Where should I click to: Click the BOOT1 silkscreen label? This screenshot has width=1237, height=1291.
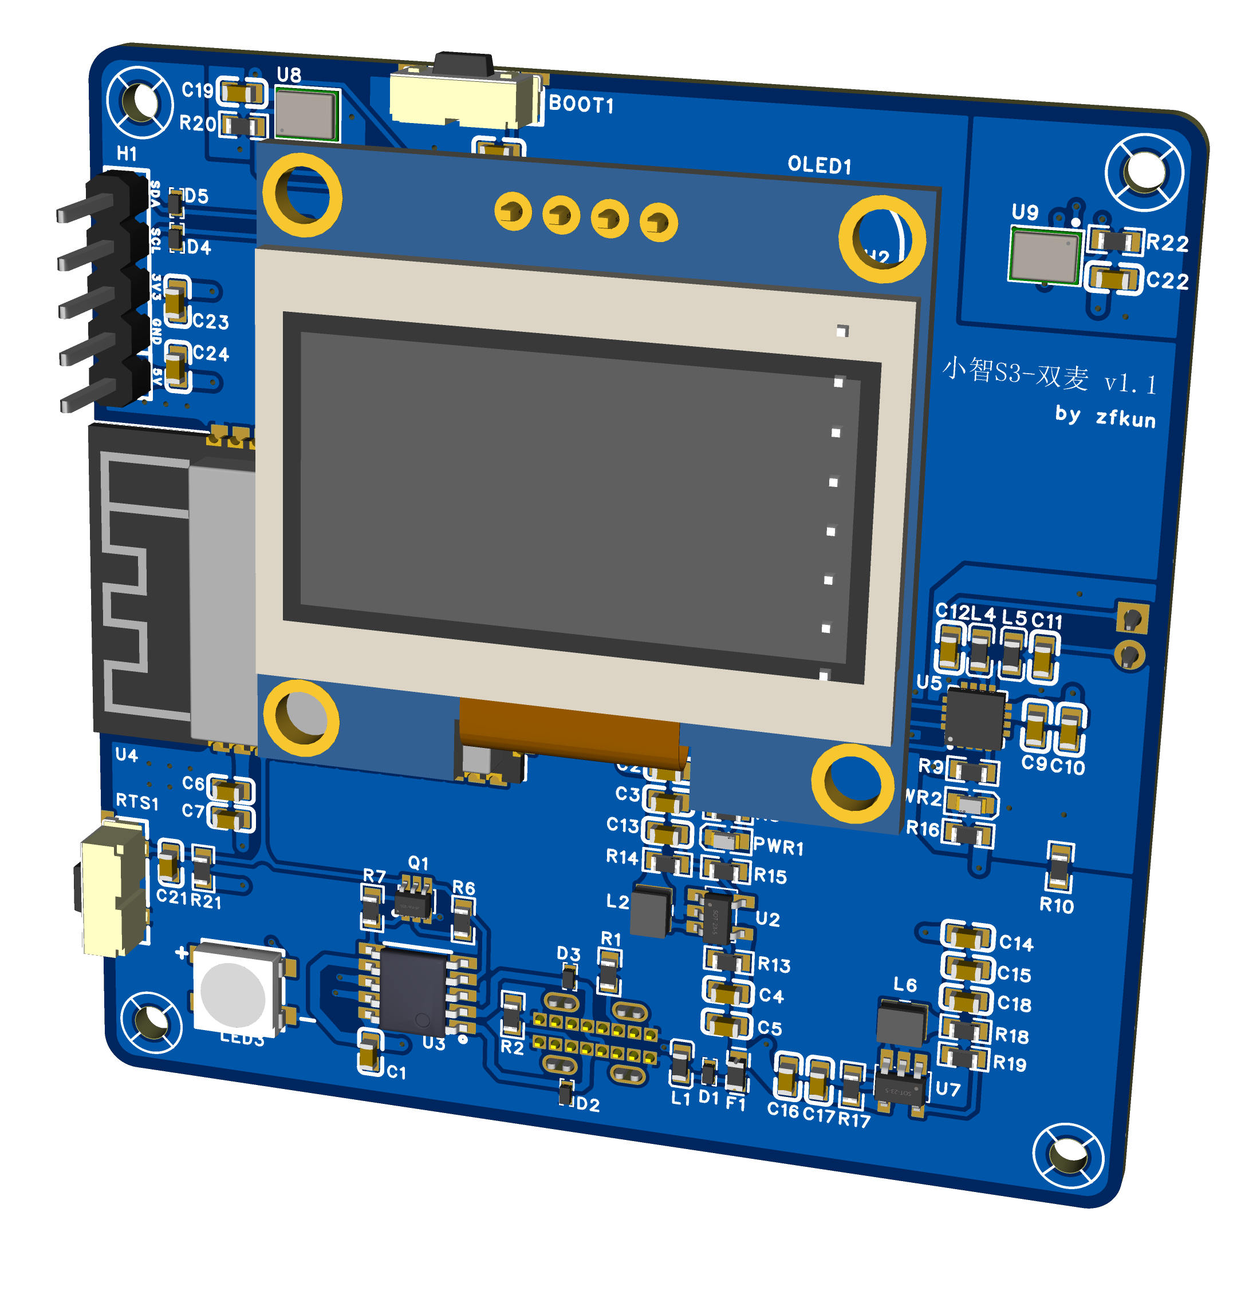(x=581, y=104)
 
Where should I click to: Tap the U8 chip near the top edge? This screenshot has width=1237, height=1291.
(x=305, y=114)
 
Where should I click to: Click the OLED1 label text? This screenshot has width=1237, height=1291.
(x=819, y=165)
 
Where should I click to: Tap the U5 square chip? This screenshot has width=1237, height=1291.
(x=975, y=718)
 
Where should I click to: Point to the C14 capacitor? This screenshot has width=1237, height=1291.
(x=967, y=936)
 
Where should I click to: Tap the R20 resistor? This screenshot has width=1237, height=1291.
(x=244, y=125)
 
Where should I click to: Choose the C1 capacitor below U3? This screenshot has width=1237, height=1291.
(x=371, y=1052)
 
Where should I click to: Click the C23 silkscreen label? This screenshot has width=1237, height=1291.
(x=211, y=322)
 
